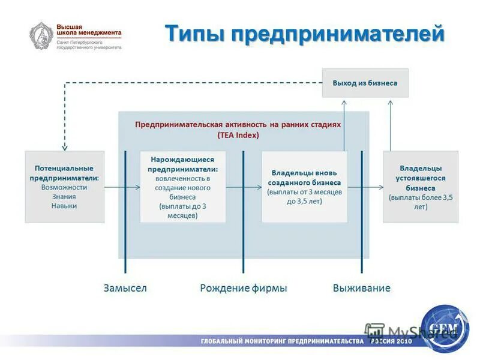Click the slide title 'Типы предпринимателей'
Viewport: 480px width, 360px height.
[x=305, y=34]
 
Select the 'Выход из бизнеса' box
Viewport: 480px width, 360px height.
[x=365, y=83]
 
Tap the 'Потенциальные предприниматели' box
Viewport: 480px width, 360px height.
[x=64, y=187]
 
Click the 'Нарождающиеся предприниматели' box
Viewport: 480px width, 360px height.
[x=183, y=187]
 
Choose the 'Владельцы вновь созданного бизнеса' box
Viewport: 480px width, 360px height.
[x=304, y=187]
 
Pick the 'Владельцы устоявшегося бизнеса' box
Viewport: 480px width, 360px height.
[x=420, y=187]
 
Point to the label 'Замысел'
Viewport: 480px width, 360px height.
[x=125, y=288]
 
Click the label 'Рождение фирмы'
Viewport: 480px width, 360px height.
[x=243, y=288]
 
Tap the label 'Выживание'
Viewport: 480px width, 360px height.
[x=361, y=288]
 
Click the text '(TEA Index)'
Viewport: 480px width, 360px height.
[x=238, y=135]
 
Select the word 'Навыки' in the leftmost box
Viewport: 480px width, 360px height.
[x=64, y=205]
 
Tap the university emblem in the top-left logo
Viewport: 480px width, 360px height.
[x=42, y=35]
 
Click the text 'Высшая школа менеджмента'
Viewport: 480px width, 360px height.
[x=88, y=31]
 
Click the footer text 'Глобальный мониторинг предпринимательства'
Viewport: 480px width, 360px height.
[x=282, y=341]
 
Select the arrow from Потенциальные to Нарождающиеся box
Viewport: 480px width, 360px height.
[x=122, y=187]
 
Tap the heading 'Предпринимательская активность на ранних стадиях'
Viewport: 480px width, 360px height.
[x=238, y=124]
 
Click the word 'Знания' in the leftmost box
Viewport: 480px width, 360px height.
[x=64, y=196]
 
